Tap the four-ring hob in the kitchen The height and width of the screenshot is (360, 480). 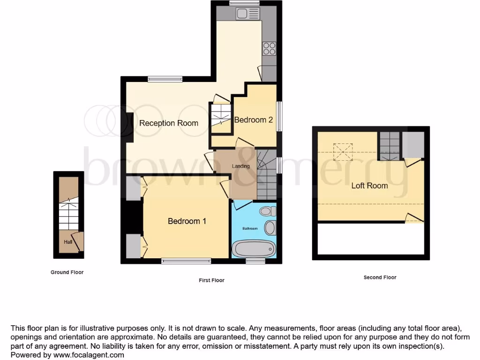click(x=269, y=49)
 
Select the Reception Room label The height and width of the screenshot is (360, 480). click(x=169, y=123)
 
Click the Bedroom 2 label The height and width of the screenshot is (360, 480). click(x=254, y=120)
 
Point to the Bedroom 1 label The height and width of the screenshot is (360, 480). click(x=187, y=221)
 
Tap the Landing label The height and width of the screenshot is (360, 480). click(x=241, y=166)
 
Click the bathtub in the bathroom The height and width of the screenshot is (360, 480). click(x=253, y=249)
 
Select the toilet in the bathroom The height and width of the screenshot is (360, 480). click(x=269, y=211)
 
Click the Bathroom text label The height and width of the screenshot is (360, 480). click(x=250, y=229)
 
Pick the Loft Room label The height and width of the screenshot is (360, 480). click(x=369, y=186)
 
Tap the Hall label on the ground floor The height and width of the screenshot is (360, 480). click(x=68, y=242)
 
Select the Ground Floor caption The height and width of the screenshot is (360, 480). click(x=67, y=272)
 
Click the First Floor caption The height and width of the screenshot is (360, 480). click(x=211, y=280)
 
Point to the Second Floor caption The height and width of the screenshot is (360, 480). click(x=380, y=277)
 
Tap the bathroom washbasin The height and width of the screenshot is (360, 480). click(x=270, y=228)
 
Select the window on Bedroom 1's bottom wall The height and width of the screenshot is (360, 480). click(x=186, y=261)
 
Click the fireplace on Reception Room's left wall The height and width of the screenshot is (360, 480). click(x=128, y=127)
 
